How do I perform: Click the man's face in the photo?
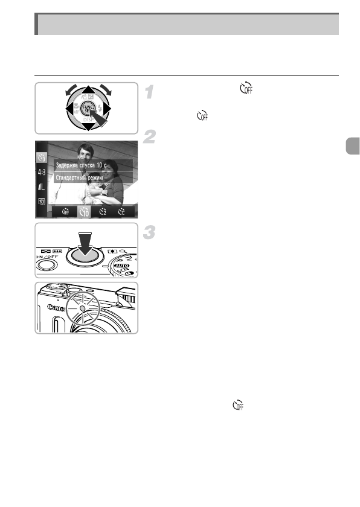(x=80, y=152)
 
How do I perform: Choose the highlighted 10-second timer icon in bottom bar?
(x=84, y=211)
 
